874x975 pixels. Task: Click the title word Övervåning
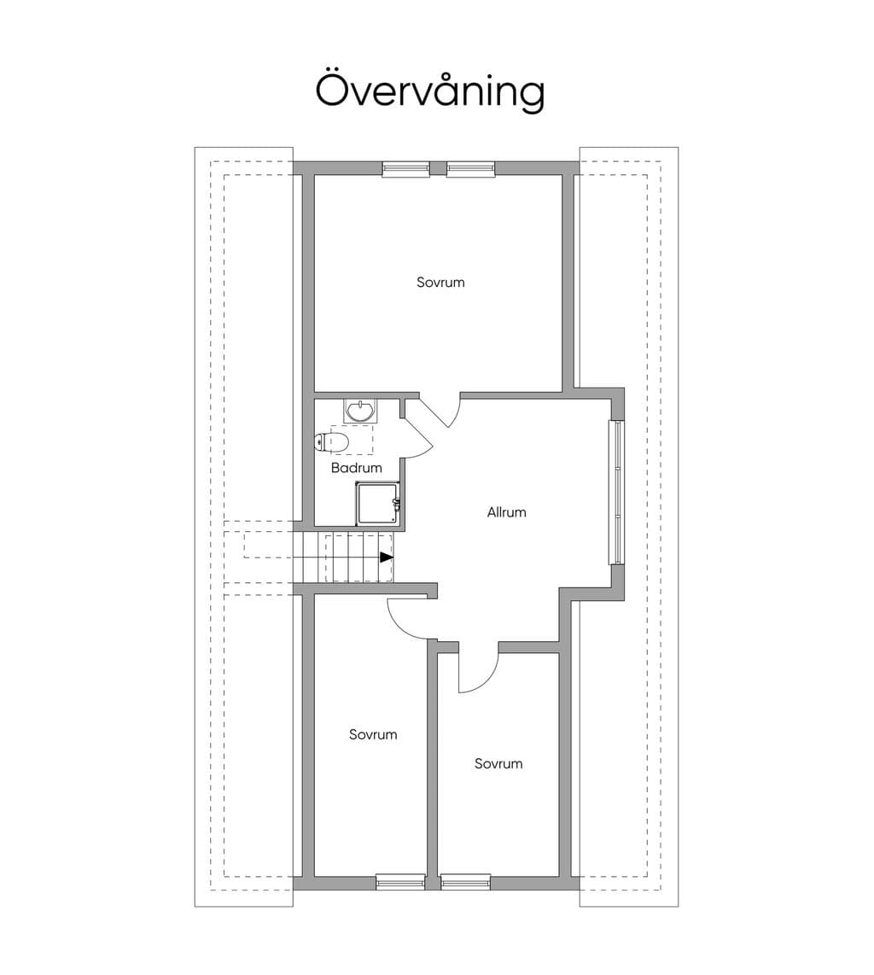coord(429,91)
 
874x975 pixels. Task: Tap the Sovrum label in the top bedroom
coord(440,283)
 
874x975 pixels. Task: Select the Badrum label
coord(356,468)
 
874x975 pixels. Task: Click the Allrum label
coord(507,512)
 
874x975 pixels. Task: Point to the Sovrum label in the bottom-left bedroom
coord(373,734)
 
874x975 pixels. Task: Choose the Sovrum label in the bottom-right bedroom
coord(498,763)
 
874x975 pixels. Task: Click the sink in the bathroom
coord(360,411)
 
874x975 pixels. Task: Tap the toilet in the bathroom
coord(332,442)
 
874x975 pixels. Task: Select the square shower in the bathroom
coord(379,504)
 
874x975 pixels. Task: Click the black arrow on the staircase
coord(387,558)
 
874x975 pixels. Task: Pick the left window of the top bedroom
coord(405,168)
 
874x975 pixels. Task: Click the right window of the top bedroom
coord(471,168)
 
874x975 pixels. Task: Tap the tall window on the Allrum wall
coord(616,493)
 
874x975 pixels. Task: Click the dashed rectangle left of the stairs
coord(268,546)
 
